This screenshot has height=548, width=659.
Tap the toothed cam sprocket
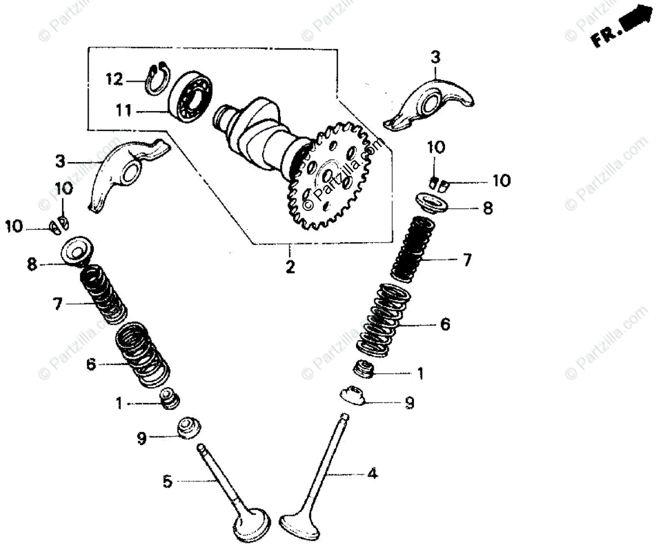(x=327, y=179)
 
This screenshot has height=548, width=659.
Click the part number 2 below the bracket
(x=290, y=266)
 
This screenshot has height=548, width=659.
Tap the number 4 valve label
(x=373, y=474)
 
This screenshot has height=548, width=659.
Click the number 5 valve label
(x=167, y=481)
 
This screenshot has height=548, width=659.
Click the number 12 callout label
(x=115, y=79)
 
